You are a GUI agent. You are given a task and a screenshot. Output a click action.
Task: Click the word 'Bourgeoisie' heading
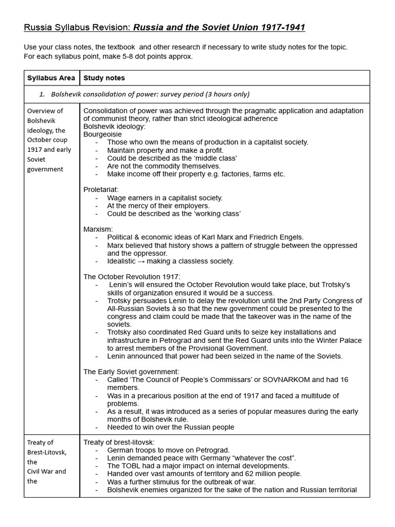103,134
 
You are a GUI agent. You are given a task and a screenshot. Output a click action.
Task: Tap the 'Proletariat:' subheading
101,190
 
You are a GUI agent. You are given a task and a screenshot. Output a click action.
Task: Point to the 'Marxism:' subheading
98,229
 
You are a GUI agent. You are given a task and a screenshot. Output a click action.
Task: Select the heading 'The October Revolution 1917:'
132,277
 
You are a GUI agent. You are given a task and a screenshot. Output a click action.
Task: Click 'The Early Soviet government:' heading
131,372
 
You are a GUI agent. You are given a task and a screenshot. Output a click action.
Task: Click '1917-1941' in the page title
281,27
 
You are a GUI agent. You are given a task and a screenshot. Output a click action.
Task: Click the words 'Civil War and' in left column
46,471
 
